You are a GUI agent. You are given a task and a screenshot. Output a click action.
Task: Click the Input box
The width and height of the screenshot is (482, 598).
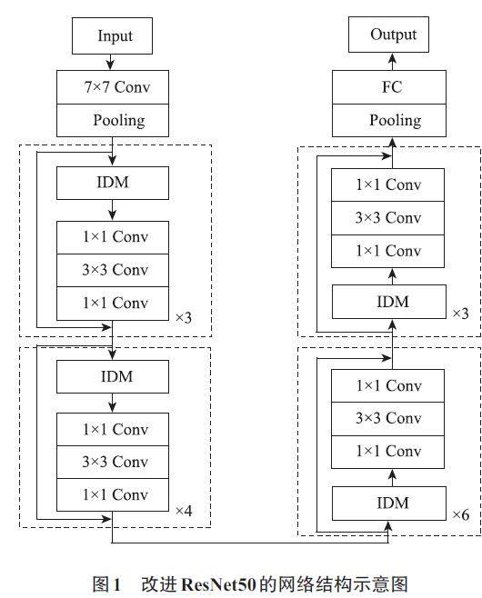point(112,35)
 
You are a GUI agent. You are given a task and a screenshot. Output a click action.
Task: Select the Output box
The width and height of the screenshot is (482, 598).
point(388,35)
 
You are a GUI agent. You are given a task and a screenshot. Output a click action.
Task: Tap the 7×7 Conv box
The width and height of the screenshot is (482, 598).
point(113,87)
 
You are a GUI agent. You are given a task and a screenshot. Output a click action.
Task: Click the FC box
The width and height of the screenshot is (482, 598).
point(389,87)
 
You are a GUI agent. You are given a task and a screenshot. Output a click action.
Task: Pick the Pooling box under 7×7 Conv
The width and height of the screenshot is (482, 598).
point(113,121)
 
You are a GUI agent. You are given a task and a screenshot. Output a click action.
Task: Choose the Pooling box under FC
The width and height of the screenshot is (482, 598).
point(389,121)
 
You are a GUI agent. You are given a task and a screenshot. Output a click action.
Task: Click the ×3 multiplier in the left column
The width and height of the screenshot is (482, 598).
point(184,317)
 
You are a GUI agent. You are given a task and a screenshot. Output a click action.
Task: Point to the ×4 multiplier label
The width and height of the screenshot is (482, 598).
point(184,510)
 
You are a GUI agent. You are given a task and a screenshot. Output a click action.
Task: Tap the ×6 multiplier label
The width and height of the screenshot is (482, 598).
point(461,514)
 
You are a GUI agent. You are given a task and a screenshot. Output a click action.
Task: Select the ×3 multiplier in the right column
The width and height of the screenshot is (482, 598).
point(461,314)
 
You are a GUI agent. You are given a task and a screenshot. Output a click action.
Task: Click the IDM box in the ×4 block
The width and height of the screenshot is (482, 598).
point(113,377)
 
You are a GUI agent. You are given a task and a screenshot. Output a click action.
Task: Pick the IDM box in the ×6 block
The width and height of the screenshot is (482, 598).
point(389,503)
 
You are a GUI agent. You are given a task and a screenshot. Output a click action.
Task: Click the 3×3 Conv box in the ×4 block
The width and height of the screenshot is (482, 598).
point(113,462)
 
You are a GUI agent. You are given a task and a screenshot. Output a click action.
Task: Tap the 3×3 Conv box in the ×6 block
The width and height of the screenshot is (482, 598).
point(387,419)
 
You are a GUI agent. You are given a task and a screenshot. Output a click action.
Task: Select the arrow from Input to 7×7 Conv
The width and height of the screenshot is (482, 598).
point(110,62)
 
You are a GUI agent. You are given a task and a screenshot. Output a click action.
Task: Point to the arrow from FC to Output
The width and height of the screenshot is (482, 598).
point(392,62)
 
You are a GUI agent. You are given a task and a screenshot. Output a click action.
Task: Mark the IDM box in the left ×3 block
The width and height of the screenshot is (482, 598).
point(113,183)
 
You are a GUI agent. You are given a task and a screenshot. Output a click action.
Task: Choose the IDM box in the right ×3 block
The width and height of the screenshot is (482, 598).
point(389,302)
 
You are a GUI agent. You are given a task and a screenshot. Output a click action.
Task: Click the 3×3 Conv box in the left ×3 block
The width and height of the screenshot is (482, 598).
point(113,271)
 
